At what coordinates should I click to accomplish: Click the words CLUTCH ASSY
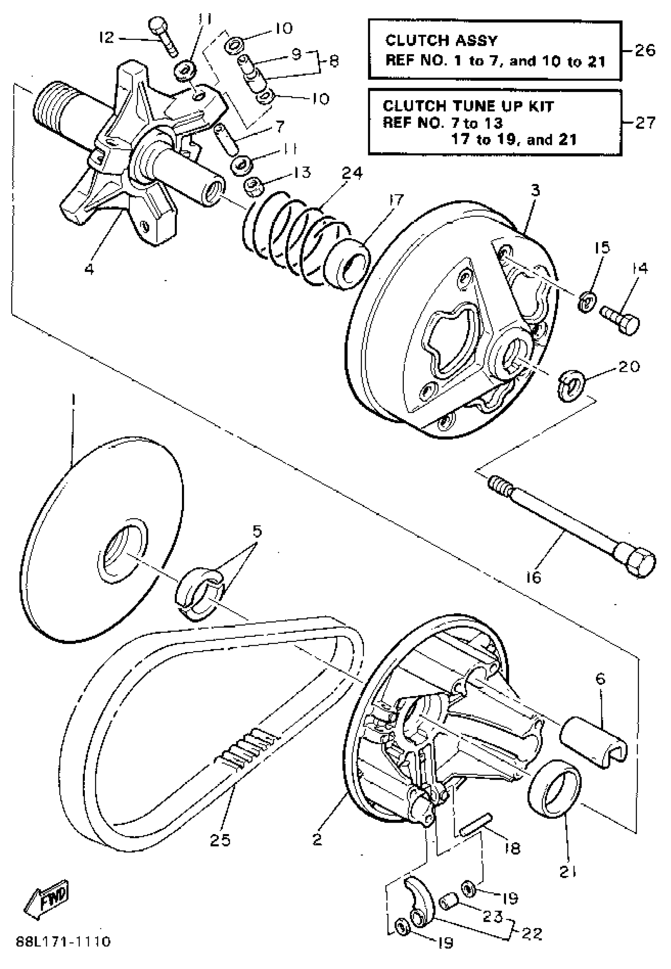tap(441, 41)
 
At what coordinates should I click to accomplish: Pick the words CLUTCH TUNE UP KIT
tap(469, 106)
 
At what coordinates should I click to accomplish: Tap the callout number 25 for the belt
tap(220, 840)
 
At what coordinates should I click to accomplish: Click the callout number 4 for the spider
tap(89, 269)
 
